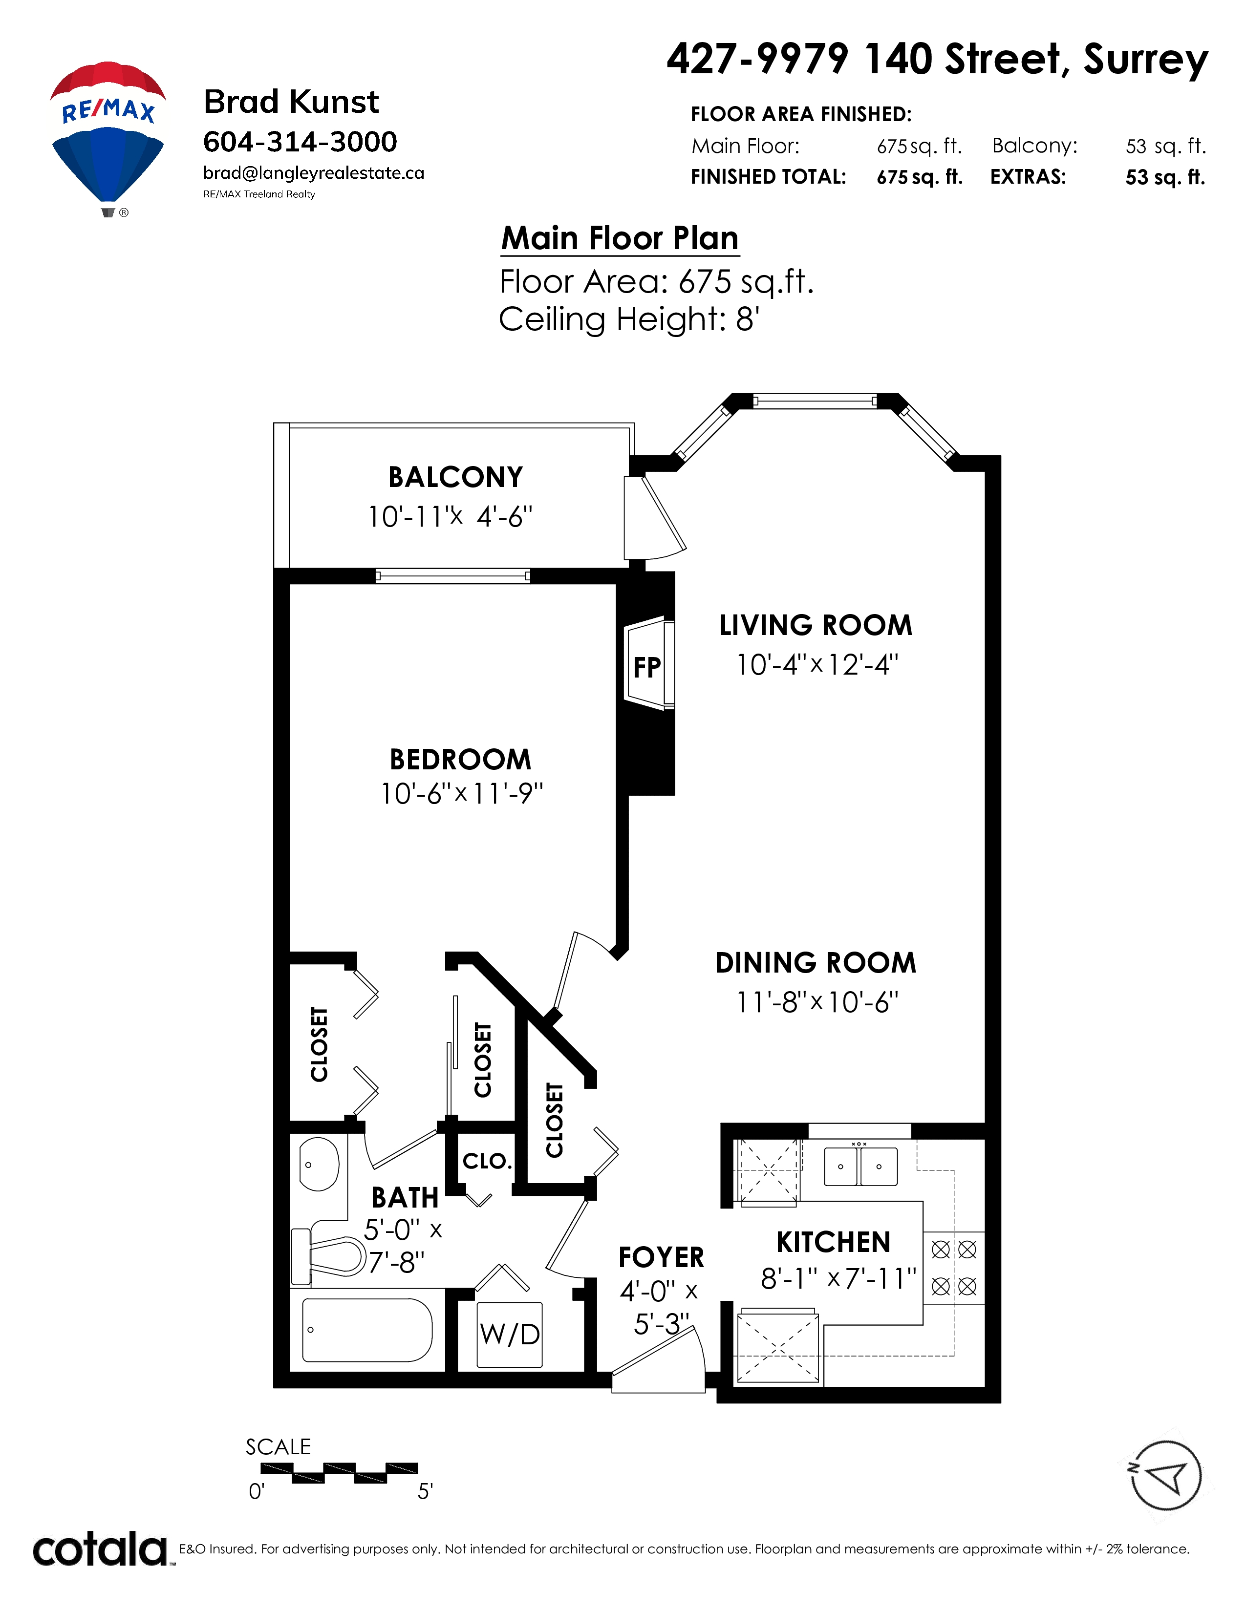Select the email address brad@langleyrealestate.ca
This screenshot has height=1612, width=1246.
(314, 173)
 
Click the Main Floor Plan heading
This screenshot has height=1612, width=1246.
(619, 238)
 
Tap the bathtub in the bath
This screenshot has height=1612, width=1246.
(367, 1330)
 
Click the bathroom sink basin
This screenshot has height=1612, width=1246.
(319, 1164)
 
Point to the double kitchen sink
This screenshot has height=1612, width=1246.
(860, 1166)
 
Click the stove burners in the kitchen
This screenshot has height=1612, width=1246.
(954, 1268)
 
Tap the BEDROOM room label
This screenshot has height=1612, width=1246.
(461, 759)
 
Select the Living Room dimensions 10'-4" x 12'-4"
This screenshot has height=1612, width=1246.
(817, 664)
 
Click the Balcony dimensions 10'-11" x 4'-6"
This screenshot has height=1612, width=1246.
(451, 517)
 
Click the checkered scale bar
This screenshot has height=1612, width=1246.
(340, 1472)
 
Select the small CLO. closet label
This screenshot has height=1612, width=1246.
(487, 1161)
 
